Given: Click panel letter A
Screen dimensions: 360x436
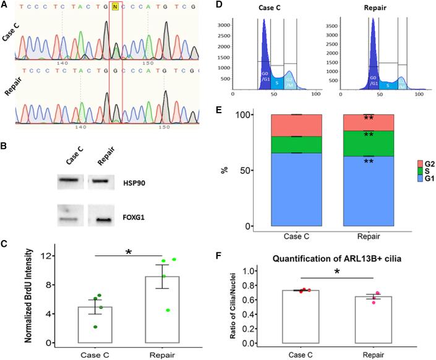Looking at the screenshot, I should tap(6, 5).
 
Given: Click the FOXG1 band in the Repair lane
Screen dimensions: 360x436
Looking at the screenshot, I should tap(100, 218).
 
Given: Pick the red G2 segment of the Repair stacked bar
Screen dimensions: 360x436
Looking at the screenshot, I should tap(370, 122).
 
